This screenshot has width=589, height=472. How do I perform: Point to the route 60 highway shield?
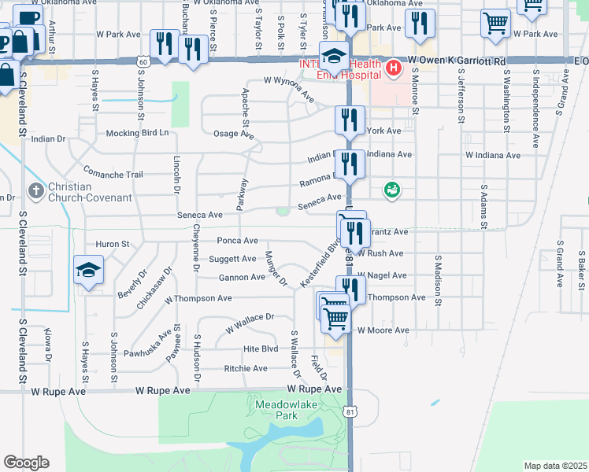coord(142,61)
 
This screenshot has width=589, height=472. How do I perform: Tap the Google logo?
coord(26,463)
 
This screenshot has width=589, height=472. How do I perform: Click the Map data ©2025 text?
coord(554,466)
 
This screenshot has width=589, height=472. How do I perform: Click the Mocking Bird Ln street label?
coord(138,133)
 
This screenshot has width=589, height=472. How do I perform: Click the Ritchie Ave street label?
coord(246,368)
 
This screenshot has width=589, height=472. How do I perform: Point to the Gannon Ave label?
coord(242,277)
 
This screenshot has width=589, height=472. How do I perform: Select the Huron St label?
coord(112,244)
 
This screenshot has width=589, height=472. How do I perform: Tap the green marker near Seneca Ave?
coord(391,190)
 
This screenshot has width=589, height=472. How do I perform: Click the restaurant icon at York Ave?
coord(350,120)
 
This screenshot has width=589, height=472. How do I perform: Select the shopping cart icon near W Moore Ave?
coord(336,319)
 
